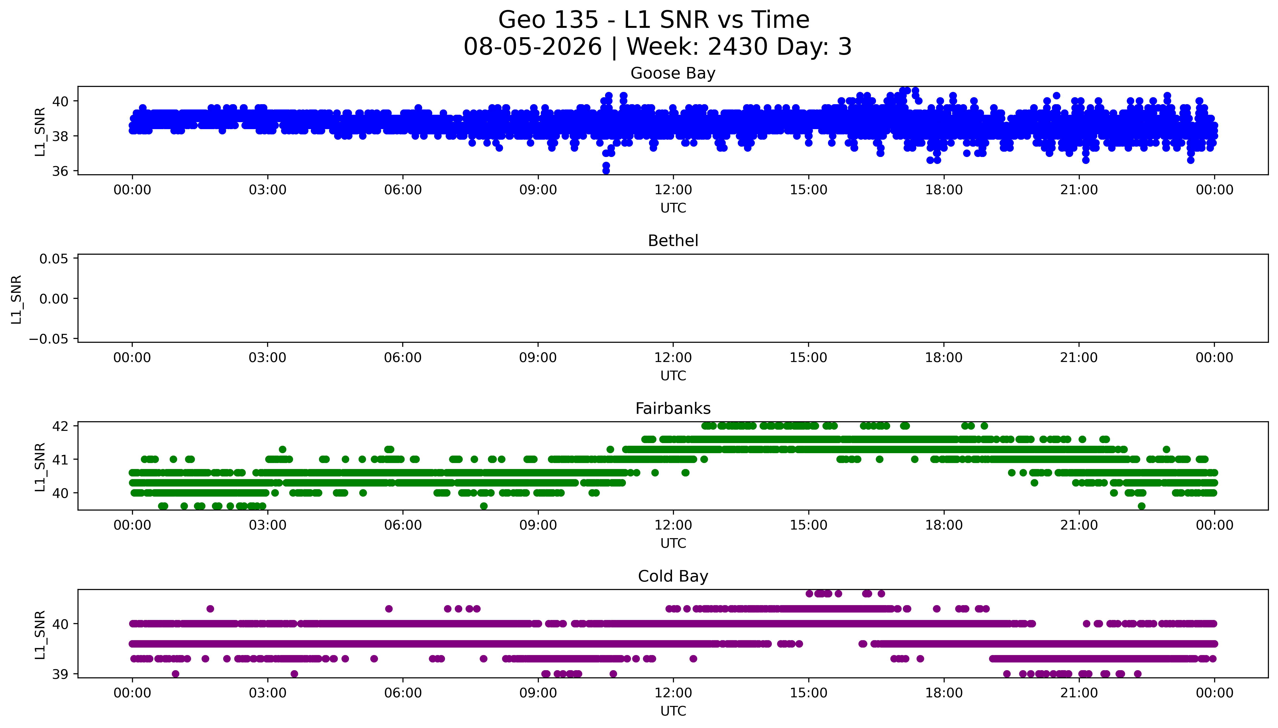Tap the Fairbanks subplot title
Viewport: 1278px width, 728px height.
click(x=673, y=409)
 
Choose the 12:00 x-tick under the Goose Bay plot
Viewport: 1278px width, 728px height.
click(x=673, y=190)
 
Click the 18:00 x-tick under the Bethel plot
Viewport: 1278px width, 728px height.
click(x=944, y=357)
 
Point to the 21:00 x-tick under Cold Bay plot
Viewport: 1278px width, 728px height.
click(x=1079, y=693)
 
